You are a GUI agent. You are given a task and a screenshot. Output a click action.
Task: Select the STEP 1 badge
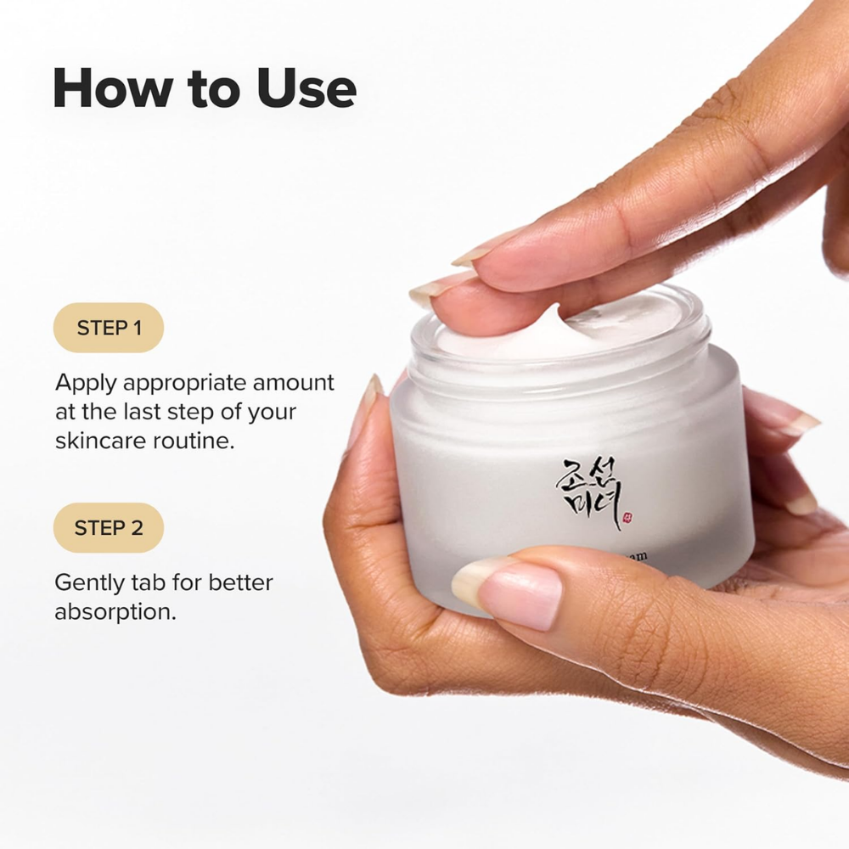[x=109, y=328]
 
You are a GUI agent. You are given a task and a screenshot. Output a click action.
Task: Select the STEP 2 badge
[x=109, y=528]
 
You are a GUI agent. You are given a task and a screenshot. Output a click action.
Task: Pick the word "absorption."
[x=115, y=612]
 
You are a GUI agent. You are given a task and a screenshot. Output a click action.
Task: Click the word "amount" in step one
[x=294, y=383]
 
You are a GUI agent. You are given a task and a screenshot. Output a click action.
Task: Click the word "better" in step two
[x=240, y=583]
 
